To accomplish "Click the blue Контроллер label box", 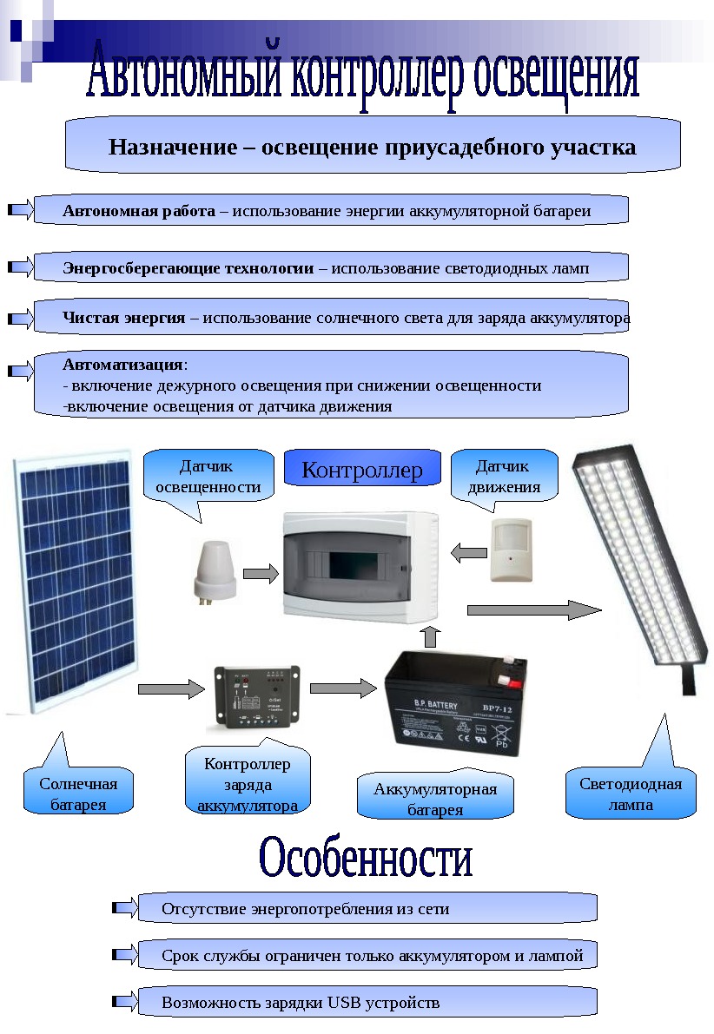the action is tap(362, 470).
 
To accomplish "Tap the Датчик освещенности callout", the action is tap(208, 477).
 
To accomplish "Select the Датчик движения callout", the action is tap(504, 477).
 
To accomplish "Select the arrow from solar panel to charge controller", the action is tap(170, 689).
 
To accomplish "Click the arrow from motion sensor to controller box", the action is tap(469, 551).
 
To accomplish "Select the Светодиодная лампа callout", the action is tap(631, 794).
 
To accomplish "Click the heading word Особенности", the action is tap(366, 859).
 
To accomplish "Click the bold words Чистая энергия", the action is tap(123, 318).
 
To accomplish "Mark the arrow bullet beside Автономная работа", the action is tap(19, 210).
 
